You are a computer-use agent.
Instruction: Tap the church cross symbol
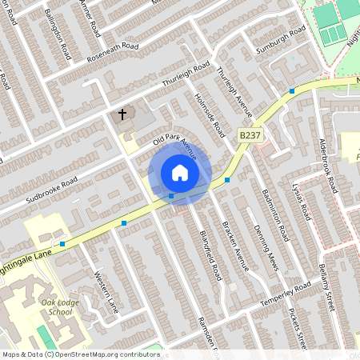(123, 114)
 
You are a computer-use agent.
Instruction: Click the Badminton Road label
(279, 222)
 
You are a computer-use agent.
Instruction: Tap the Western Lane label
(106, 294)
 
